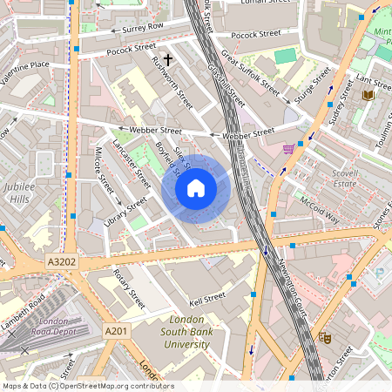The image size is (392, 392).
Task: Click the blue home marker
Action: point(196,188)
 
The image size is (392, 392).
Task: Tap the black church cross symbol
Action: point(167,60)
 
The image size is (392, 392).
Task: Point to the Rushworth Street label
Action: point(172,83)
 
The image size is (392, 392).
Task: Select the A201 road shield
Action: point(117,332)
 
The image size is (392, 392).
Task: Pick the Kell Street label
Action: point(208,297)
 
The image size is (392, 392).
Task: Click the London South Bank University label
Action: point(186,332)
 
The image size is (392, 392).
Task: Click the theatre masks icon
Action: point(326,337)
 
